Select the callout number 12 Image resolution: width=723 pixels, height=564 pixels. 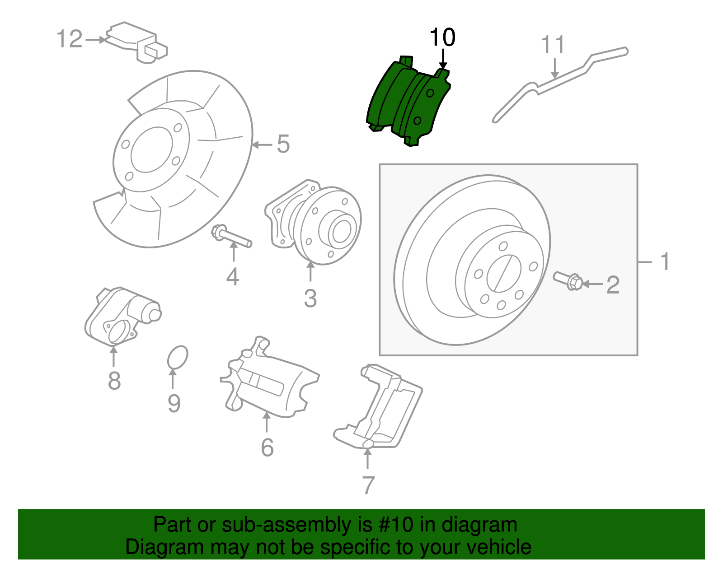70,39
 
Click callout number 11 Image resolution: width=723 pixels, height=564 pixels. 553,45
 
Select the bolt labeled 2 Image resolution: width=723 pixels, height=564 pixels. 568,280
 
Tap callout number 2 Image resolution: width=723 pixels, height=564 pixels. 613,285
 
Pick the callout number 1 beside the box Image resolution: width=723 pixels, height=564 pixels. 665,261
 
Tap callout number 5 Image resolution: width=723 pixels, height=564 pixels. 283,144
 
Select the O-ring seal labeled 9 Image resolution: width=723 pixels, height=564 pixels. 177,358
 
